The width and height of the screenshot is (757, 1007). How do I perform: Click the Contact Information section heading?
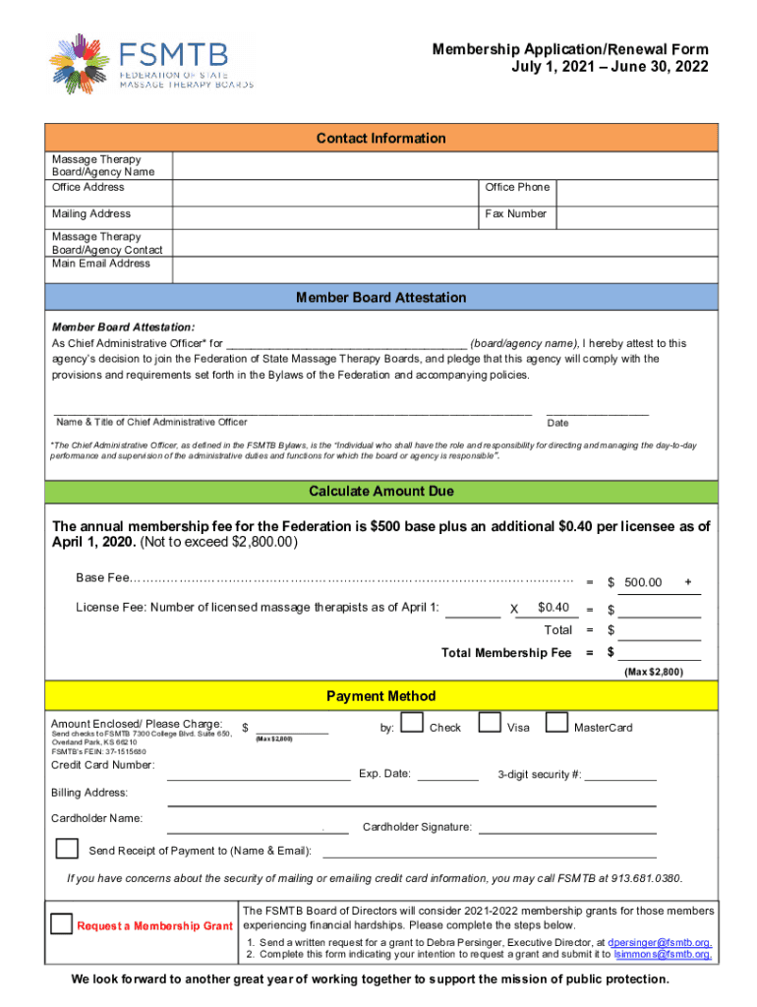point(381,139)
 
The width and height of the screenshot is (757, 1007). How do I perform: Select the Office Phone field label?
point(517,187)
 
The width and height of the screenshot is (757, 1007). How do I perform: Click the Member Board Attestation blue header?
point(381,297)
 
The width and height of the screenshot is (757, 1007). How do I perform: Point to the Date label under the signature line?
point(557,423)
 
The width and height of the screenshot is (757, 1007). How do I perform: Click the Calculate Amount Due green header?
point(381,491)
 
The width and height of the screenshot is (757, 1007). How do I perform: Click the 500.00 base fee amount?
point(643,583)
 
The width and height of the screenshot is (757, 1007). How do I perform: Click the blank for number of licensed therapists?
point(472,609)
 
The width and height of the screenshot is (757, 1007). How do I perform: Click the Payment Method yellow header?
point(381,696)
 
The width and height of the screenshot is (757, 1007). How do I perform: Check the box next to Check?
point(413,725)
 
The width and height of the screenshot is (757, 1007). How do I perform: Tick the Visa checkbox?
point(490,724)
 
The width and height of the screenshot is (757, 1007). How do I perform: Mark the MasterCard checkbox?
point(556,724)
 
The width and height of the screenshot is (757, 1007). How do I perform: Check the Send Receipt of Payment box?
point(68,848)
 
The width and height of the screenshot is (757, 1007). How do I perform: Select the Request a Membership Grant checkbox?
point(61,923)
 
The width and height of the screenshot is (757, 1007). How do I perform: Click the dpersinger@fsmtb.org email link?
point(661,942)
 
